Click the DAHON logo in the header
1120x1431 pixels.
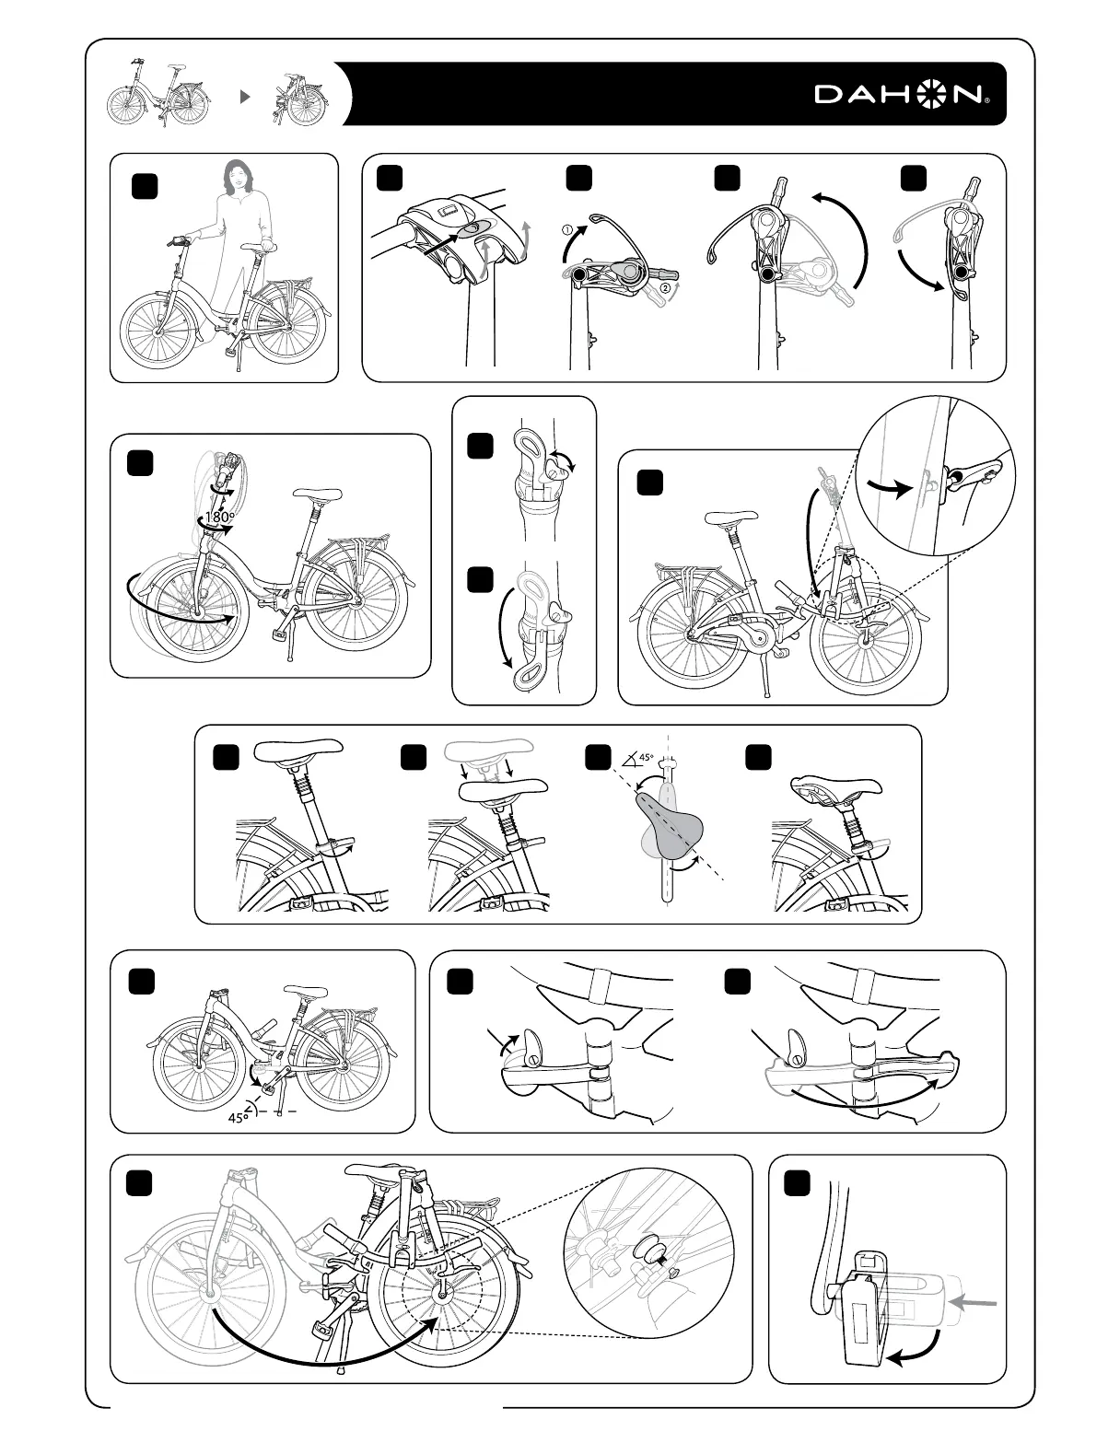[901, 94]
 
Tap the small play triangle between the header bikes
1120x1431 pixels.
[245, 95]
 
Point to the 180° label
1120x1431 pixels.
[218, 518]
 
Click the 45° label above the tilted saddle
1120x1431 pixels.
[646, 758]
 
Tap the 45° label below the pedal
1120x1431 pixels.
[238, 1117]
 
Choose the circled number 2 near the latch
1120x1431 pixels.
[665, 287]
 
